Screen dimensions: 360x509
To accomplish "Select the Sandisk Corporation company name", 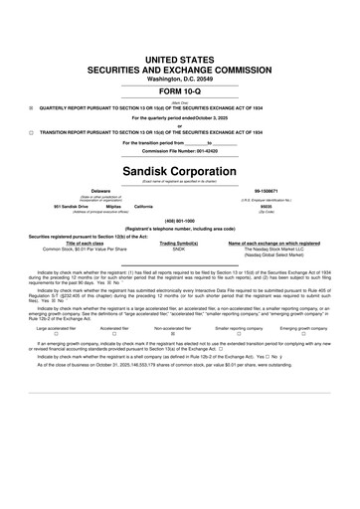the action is pos(180,169).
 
